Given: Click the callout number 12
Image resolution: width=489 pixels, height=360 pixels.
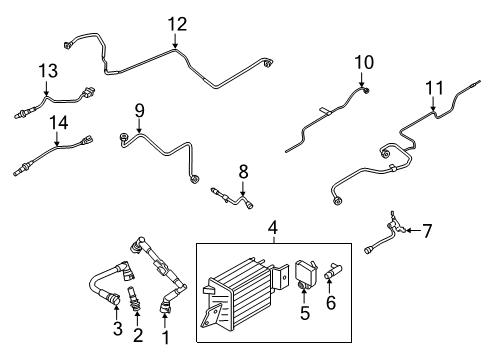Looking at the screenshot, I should (176, 24).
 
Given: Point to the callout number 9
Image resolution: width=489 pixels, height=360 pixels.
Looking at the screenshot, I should (140, 109).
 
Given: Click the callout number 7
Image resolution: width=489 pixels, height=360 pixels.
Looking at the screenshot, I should (427, 232).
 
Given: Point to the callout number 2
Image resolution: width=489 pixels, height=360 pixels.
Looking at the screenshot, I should (139, 333).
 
